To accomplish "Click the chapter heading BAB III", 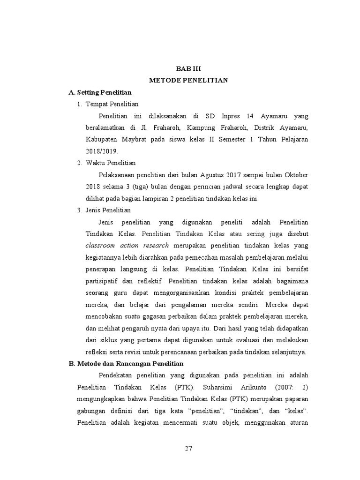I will tap(188, 68).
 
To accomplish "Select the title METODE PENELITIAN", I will tap(188, 80).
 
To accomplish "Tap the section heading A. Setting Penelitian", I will tap(100, 92).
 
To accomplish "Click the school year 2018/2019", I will tap(102, 151).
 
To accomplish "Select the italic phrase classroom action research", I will tap(127, 246).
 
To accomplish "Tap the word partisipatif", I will tap(102, 281).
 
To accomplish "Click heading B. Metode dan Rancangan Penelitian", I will tap(126, 363).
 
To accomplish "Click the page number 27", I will tap(188, 449).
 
